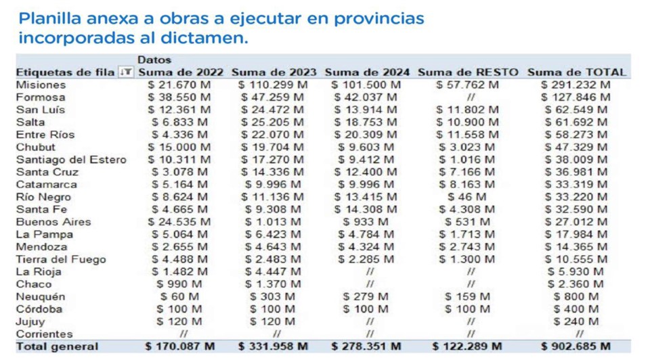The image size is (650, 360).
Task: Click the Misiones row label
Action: pyautogui.click(x=41, y=85)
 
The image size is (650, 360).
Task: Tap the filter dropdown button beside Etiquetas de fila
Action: pyautogui.click(x=126, y=72)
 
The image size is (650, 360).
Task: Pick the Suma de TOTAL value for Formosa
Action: pyautogui.click(x=577, y=97)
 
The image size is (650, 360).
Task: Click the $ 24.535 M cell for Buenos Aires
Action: pyautogui.click(x=179, y=222)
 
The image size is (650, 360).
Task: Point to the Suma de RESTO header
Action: pyautogui.click(x=468, y=72)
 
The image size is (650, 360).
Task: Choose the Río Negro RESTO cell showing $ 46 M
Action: pyautogui.click(x=467, y=197)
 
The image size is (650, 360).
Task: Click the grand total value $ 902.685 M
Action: pyautogui.click(x=576, y=346)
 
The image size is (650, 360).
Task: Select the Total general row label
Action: pyautogui.click(x=57, y=346)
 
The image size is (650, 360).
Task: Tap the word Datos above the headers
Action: pyautogui.click(x=154, y=60)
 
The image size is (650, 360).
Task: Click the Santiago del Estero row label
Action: pyautogui.click(x=70, y=160)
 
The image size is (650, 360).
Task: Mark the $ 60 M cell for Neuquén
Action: pyautogui.click(x=179, y=296)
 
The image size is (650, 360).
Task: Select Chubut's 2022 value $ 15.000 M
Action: pyautogui.click(x=179, y=148)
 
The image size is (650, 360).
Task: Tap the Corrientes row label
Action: pyautogui.click(x=44, y=334)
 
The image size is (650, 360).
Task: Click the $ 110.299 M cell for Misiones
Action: pyautogui.click(x=274, y=85)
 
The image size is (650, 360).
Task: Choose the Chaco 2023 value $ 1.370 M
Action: pyautogui.click(x=274, y=284)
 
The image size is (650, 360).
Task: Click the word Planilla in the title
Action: pyautogui.click(x=48, y=18)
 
